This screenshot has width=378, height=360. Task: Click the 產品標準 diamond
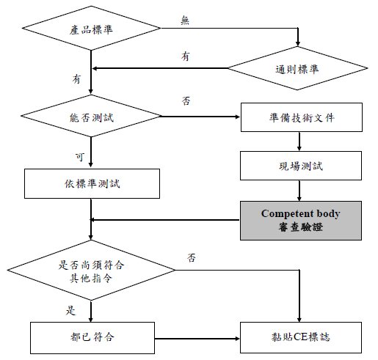coord(91,28)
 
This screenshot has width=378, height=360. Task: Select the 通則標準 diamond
coord(297,68)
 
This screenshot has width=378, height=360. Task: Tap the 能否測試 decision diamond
coord(91,116)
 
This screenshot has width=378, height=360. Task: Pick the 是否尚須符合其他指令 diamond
coord(91,270)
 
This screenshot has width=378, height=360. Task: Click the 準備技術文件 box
coord(302,117)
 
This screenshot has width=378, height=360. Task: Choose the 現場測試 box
coord(301,166)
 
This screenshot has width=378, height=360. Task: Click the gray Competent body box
coord(301,221)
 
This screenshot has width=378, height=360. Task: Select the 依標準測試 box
coord(92,183)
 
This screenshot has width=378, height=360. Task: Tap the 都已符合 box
coord(92,338)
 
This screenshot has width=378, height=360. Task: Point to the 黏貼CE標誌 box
coord(301,337)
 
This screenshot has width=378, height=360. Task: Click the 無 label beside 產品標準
coord(185,20)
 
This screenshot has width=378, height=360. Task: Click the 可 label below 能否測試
coord(80,157)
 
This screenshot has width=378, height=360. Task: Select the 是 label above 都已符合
coord(70,310)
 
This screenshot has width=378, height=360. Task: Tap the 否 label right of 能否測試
coord(186,100)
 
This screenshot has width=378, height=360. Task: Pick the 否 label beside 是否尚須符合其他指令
coord(192,258)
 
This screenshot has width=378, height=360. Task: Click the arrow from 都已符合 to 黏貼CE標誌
coord(197,339)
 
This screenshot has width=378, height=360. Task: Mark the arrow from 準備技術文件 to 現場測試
coord(299,142)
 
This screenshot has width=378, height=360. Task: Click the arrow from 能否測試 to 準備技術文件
coord(200,117)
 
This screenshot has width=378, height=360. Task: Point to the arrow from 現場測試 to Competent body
coord(299,191)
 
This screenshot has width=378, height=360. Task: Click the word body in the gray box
coord(328,214)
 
